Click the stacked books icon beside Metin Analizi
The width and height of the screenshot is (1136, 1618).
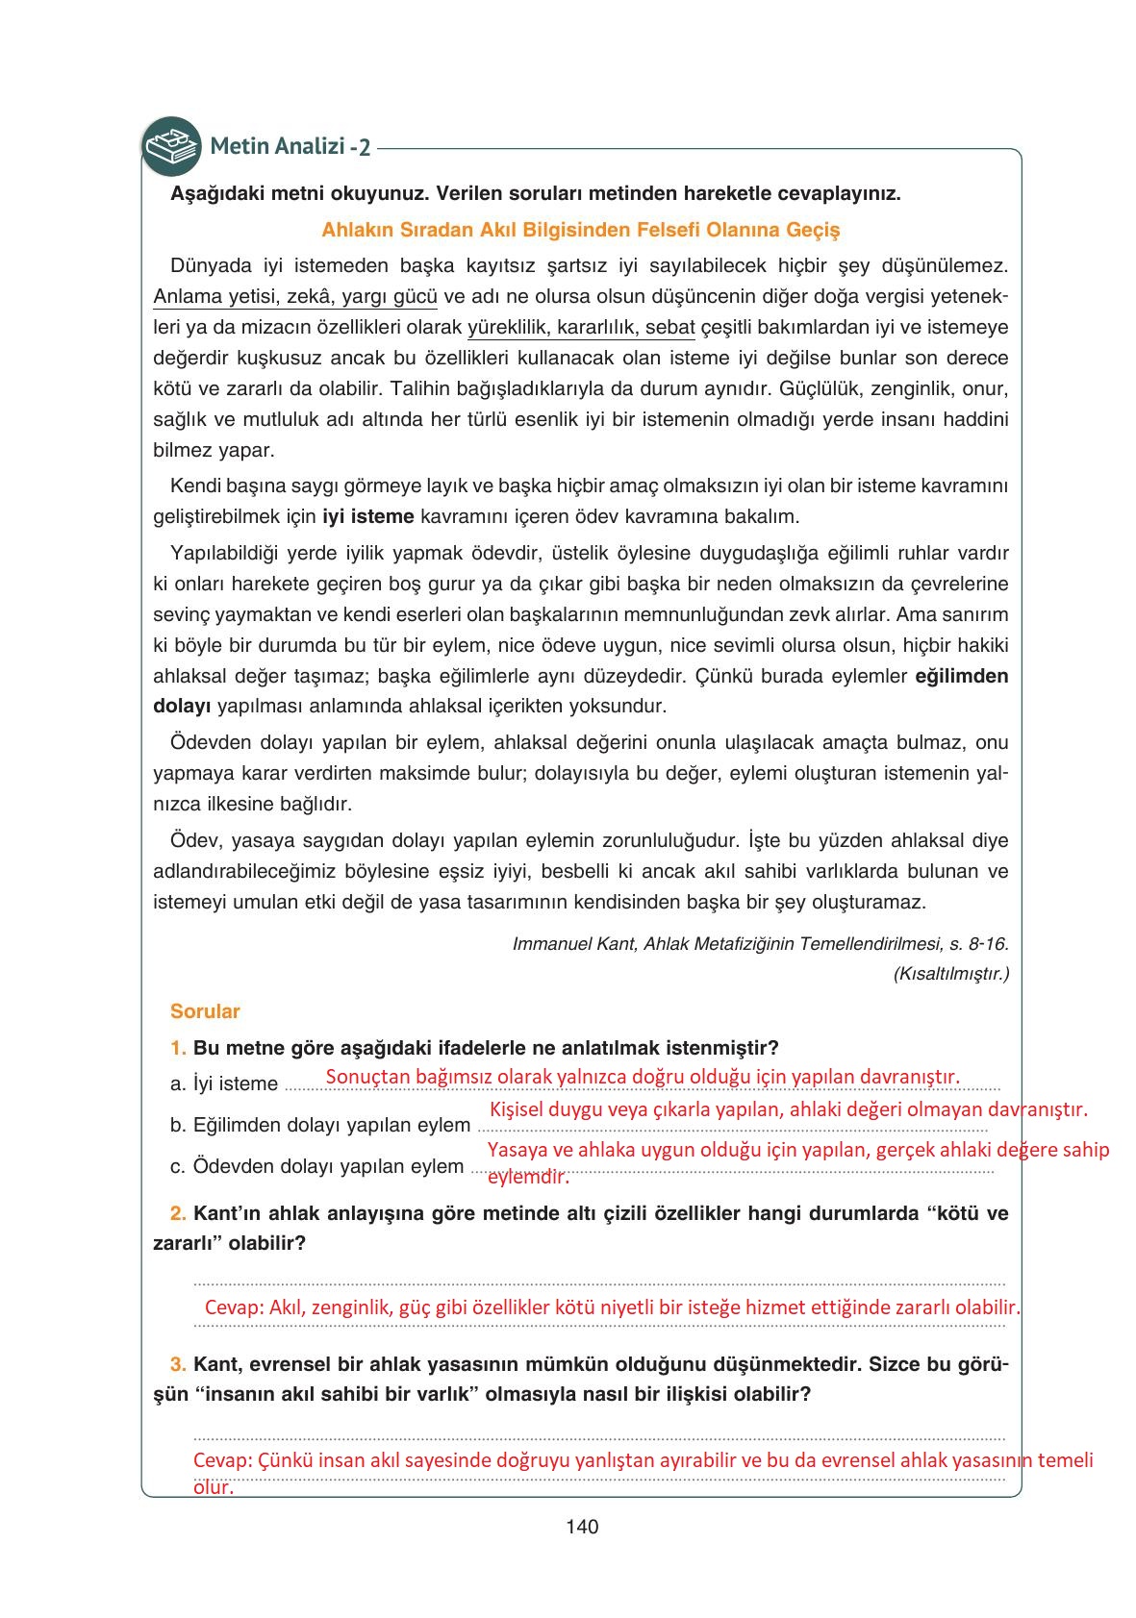(171, 146)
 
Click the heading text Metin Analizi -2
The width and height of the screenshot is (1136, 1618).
(290, 147)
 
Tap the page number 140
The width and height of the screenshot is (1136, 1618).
(582, 1527)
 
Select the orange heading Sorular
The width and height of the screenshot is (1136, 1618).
(205, 1011)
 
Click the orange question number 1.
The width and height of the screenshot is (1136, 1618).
(178, 1048)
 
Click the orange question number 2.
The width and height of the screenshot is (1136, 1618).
(178, 1213)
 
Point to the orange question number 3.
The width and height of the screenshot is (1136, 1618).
(178, 1364)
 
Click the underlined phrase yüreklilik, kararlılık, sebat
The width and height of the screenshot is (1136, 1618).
(580, 327)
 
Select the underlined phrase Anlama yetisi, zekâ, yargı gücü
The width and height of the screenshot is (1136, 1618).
(295, 296)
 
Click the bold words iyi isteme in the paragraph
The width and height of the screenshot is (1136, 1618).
(367, 516)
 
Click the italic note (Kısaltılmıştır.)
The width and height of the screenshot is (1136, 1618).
(950, 974)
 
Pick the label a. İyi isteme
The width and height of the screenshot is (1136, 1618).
(224, 1083)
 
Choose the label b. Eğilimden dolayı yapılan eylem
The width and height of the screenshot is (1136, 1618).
(320, 1125)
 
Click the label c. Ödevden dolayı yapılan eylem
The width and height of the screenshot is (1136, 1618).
(317, 1166)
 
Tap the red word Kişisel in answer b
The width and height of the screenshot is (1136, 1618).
(520, 1109)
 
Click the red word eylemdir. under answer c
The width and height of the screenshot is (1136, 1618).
(528, 1177)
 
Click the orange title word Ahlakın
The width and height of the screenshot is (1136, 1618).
(354, 230)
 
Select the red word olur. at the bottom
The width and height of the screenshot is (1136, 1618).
(213, 1487)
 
